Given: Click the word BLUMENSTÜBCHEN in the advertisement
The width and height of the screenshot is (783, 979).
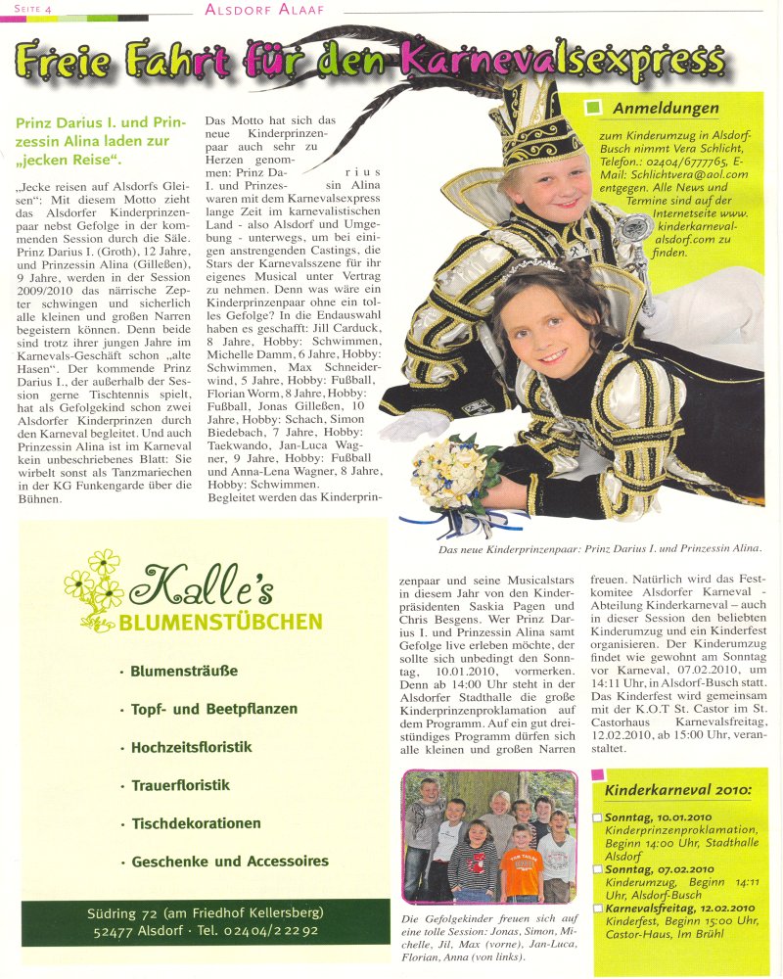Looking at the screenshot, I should tap(221, 622).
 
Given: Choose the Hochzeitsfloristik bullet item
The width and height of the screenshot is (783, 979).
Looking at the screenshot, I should tap(191, 747).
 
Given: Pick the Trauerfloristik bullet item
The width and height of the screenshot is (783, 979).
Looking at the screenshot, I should tap(180, 785).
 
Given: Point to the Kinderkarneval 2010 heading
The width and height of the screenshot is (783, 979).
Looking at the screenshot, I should tap(677, 790).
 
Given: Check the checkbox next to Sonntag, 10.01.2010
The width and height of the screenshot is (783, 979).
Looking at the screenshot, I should tap(598, 816).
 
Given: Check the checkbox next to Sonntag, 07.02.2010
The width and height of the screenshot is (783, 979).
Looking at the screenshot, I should tap(598, 868).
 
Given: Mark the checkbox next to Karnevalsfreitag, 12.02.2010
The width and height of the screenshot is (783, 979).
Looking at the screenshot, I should tap(598, 908).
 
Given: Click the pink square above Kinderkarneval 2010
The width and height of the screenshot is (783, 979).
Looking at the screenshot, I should tap(598, 774).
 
